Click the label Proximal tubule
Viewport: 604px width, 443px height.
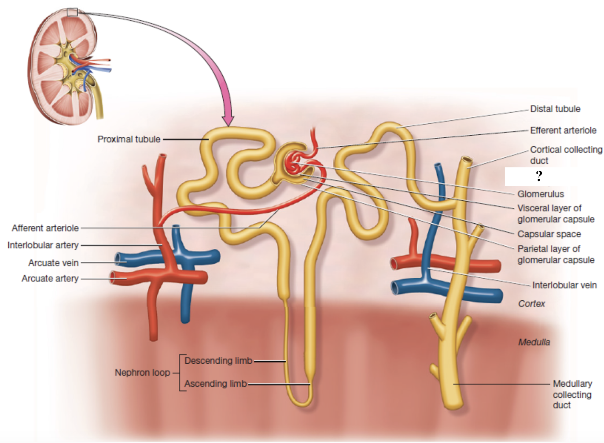[129, 139]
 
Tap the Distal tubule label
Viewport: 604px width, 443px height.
[555, 109]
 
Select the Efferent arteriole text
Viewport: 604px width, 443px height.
[563, 130]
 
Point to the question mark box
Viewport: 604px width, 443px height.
[539, 176]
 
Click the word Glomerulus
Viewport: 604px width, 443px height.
[540, 194]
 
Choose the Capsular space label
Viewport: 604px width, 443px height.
[549, 234]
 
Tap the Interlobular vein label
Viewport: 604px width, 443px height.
[564, 285]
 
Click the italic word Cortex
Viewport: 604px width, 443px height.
[531, 303]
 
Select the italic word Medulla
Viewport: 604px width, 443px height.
[534, 342]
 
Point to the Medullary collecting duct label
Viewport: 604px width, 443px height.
[572, 394]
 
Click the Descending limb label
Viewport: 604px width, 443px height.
[218, 361]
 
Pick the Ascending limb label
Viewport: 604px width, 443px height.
[215, 384]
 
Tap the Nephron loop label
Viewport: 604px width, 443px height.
[142, 373]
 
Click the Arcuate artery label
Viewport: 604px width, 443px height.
[50, 278]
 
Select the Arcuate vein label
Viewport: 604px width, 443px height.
[53, 263]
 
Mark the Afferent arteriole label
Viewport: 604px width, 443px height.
[45, 228]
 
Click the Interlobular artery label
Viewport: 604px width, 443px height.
[43, 245]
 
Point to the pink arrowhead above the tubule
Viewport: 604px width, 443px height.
[228, 120]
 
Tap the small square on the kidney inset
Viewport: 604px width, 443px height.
[72, 12]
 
